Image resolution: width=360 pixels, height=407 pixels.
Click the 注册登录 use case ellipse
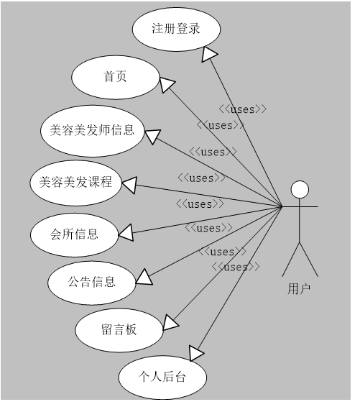pos(176,29)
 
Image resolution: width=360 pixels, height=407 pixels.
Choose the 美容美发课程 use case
pos(75,182)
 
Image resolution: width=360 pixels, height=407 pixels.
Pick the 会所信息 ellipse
pos(74,234)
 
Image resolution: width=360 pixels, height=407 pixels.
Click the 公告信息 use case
pos(91,282)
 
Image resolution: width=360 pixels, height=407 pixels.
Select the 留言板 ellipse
pos(119,330)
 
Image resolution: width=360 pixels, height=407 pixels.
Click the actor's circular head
pos(300,190)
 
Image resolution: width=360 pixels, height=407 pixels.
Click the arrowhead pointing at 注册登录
pos(210,55)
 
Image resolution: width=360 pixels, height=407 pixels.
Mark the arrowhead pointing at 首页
pos(167,84)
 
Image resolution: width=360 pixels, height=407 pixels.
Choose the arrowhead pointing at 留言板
pos(172,322)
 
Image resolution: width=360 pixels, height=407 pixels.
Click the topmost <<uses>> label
pos(243,109)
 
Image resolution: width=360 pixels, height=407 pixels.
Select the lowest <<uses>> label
pos(236,267)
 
